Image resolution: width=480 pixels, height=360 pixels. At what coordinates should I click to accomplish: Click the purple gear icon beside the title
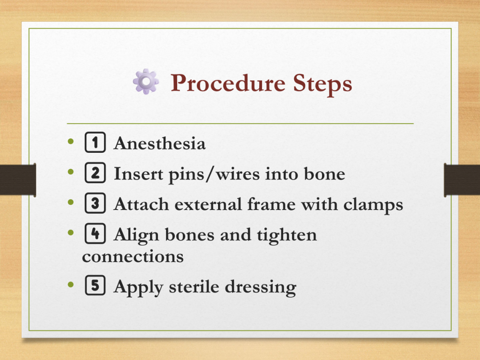[146, 82]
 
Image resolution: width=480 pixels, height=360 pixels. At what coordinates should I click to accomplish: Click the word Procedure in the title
[228, 83]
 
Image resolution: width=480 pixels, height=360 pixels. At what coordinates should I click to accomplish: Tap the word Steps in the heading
[322, 83]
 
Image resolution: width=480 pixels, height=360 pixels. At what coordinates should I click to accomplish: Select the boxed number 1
[95, 142]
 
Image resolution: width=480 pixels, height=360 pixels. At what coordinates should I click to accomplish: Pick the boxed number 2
[95, 173]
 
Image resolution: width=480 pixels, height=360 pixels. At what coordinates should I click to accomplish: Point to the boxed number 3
[95, 203]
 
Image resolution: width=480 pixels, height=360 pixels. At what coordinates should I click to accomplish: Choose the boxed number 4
[95, 233]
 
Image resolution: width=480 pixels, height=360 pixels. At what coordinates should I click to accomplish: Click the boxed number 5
[95, 285]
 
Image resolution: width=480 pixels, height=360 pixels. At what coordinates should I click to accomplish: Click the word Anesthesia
[159, 143]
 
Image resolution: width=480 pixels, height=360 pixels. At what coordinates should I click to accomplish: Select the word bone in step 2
[324, 173]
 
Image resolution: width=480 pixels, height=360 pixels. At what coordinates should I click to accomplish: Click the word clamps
[373, 205]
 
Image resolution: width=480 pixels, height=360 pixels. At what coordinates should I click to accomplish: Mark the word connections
[133, 256]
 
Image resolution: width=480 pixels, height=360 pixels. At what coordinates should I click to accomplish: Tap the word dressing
[261, 287]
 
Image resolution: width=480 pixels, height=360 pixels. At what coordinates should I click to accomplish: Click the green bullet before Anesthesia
[71, 141]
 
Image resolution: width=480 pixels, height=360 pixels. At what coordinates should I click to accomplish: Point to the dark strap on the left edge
[18, 180]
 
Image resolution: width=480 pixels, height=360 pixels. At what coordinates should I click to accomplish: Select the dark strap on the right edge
[462, 180]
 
